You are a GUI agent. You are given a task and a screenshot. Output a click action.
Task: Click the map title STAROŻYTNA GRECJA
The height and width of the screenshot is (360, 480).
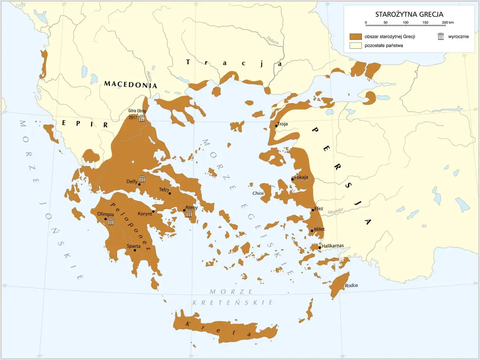tap(409, 14)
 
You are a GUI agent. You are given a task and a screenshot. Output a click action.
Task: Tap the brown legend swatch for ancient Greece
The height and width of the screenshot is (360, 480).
tap(355, 36)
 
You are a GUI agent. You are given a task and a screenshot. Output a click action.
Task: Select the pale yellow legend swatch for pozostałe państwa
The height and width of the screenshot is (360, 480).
tap(355, 46)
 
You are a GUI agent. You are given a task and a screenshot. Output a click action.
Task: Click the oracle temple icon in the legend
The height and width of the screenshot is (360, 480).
tap(441, 36)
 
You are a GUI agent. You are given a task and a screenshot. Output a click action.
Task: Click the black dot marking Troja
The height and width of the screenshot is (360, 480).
tap(276, 126)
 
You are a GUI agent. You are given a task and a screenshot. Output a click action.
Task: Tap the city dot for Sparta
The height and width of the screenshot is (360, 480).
tap(135, 250)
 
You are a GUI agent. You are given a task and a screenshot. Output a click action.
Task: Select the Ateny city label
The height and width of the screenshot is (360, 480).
tap(191, 208)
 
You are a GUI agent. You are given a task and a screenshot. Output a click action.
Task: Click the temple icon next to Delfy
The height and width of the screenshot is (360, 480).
tap(142, 179)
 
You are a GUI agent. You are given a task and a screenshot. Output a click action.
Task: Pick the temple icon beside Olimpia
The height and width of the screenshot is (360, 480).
tap(111, 221)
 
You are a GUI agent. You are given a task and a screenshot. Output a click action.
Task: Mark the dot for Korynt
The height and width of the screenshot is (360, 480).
tap(153, 211)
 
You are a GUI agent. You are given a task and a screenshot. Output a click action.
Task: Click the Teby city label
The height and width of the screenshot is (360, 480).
tap(164, 190)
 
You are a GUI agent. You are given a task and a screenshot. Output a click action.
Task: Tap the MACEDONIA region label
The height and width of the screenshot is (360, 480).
tap(130, 84)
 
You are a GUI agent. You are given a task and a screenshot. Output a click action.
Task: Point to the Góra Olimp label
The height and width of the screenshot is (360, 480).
tap(137, 111)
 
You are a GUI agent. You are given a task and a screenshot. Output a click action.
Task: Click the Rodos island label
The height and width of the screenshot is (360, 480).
tap(351, 285)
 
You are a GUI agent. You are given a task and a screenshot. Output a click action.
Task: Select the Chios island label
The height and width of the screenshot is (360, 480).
tap(258, 193)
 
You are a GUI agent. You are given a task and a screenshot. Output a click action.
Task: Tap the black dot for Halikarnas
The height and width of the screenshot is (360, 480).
tap(319, 247)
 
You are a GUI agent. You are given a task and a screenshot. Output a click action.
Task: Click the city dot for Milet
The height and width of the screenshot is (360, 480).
tap(312, 231)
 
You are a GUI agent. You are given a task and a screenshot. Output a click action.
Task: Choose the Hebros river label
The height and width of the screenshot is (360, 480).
tap(273, 40)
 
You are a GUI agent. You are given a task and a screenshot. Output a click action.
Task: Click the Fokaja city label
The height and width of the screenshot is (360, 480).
tap(301, 177)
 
